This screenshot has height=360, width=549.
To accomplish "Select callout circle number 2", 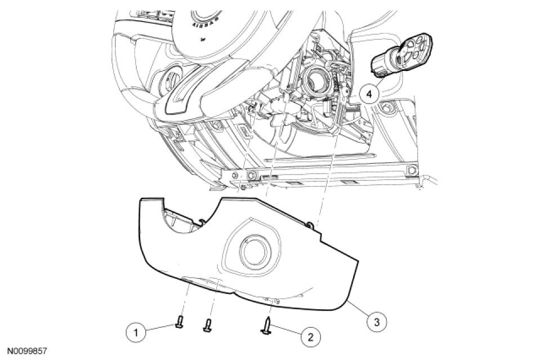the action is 310,337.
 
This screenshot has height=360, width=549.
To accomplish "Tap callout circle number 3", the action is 376,322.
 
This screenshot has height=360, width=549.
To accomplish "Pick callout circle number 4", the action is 369,94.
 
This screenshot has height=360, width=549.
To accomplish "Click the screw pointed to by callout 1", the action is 180,322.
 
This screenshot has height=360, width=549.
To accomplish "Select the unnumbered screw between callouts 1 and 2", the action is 208,325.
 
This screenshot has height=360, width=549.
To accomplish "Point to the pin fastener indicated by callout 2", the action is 267,326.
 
